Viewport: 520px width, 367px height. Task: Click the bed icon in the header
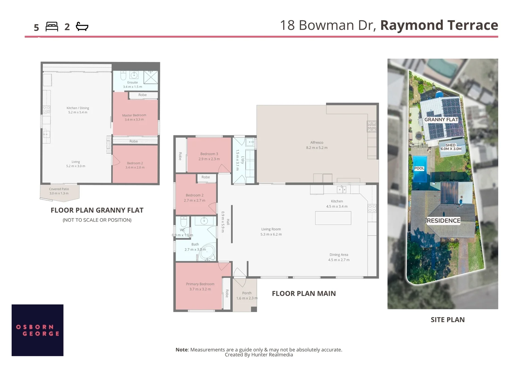pyautogui.click(x=51, y=27)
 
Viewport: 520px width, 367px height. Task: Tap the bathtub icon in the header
pyautogui.click(x=82, y=27)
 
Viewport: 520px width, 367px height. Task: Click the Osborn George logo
pyautogui.click(x=37, y=330)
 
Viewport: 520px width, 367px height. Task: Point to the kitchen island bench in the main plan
pyautogui.click(x=333, y=218)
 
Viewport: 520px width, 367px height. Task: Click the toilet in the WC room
pyautogui.click(x=183, y=222)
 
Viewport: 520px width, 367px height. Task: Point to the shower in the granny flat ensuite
pyautogui.click(x=151, y=77)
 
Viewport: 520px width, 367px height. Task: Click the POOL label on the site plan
pyautogui.click(x=419, y=168)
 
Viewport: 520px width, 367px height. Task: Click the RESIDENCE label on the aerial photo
pyautogui.click(x=443, y=221)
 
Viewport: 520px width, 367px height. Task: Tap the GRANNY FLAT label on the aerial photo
pyautogui.click(x=441, y=120)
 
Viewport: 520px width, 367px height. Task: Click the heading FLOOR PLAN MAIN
pyautogui.click(x=304, y=294)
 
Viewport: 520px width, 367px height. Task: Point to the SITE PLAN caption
pyautogui.click(x=448, y=320)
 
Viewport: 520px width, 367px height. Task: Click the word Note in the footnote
pyautogui.click(x=181, y=350)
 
